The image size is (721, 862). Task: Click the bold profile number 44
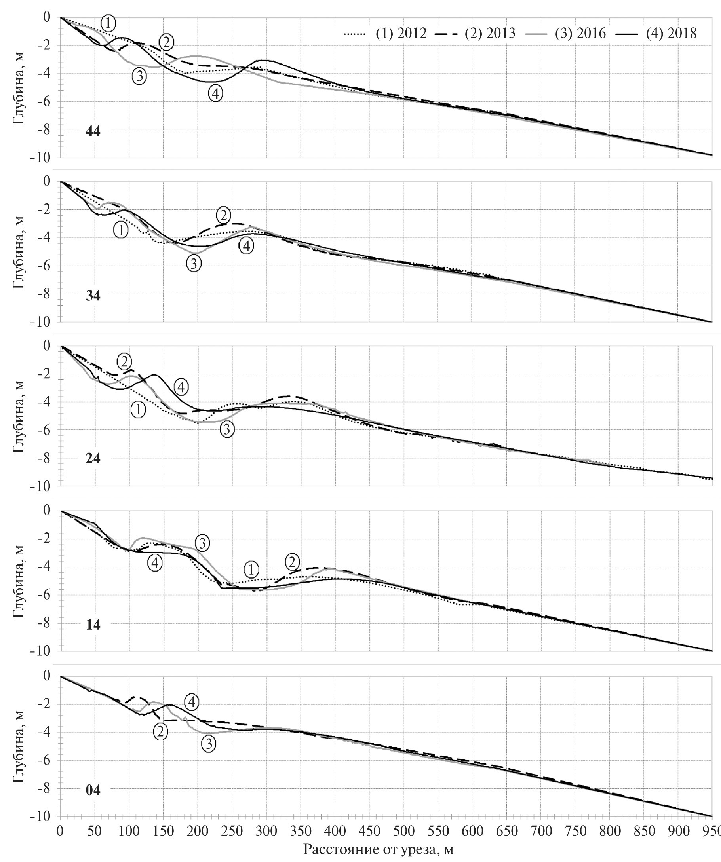[x=93, y=131]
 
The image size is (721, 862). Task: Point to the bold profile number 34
[x=93, y=295]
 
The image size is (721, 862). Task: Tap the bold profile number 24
[x=93, y=458]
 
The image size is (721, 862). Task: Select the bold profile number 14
[x=93, y=624]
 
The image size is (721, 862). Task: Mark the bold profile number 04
[x=93, y=790]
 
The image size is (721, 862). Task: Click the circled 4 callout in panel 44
[x=215, y=93]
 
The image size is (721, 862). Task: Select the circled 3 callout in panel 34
[x=194, y=263]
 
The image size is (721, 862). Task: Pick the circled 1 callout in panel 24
[x=138, y=409]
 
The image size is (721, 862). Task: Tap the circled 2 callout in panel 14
[x=292, y=562]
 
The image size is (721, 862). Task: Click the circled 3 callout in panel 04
[x=209, y=743]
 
